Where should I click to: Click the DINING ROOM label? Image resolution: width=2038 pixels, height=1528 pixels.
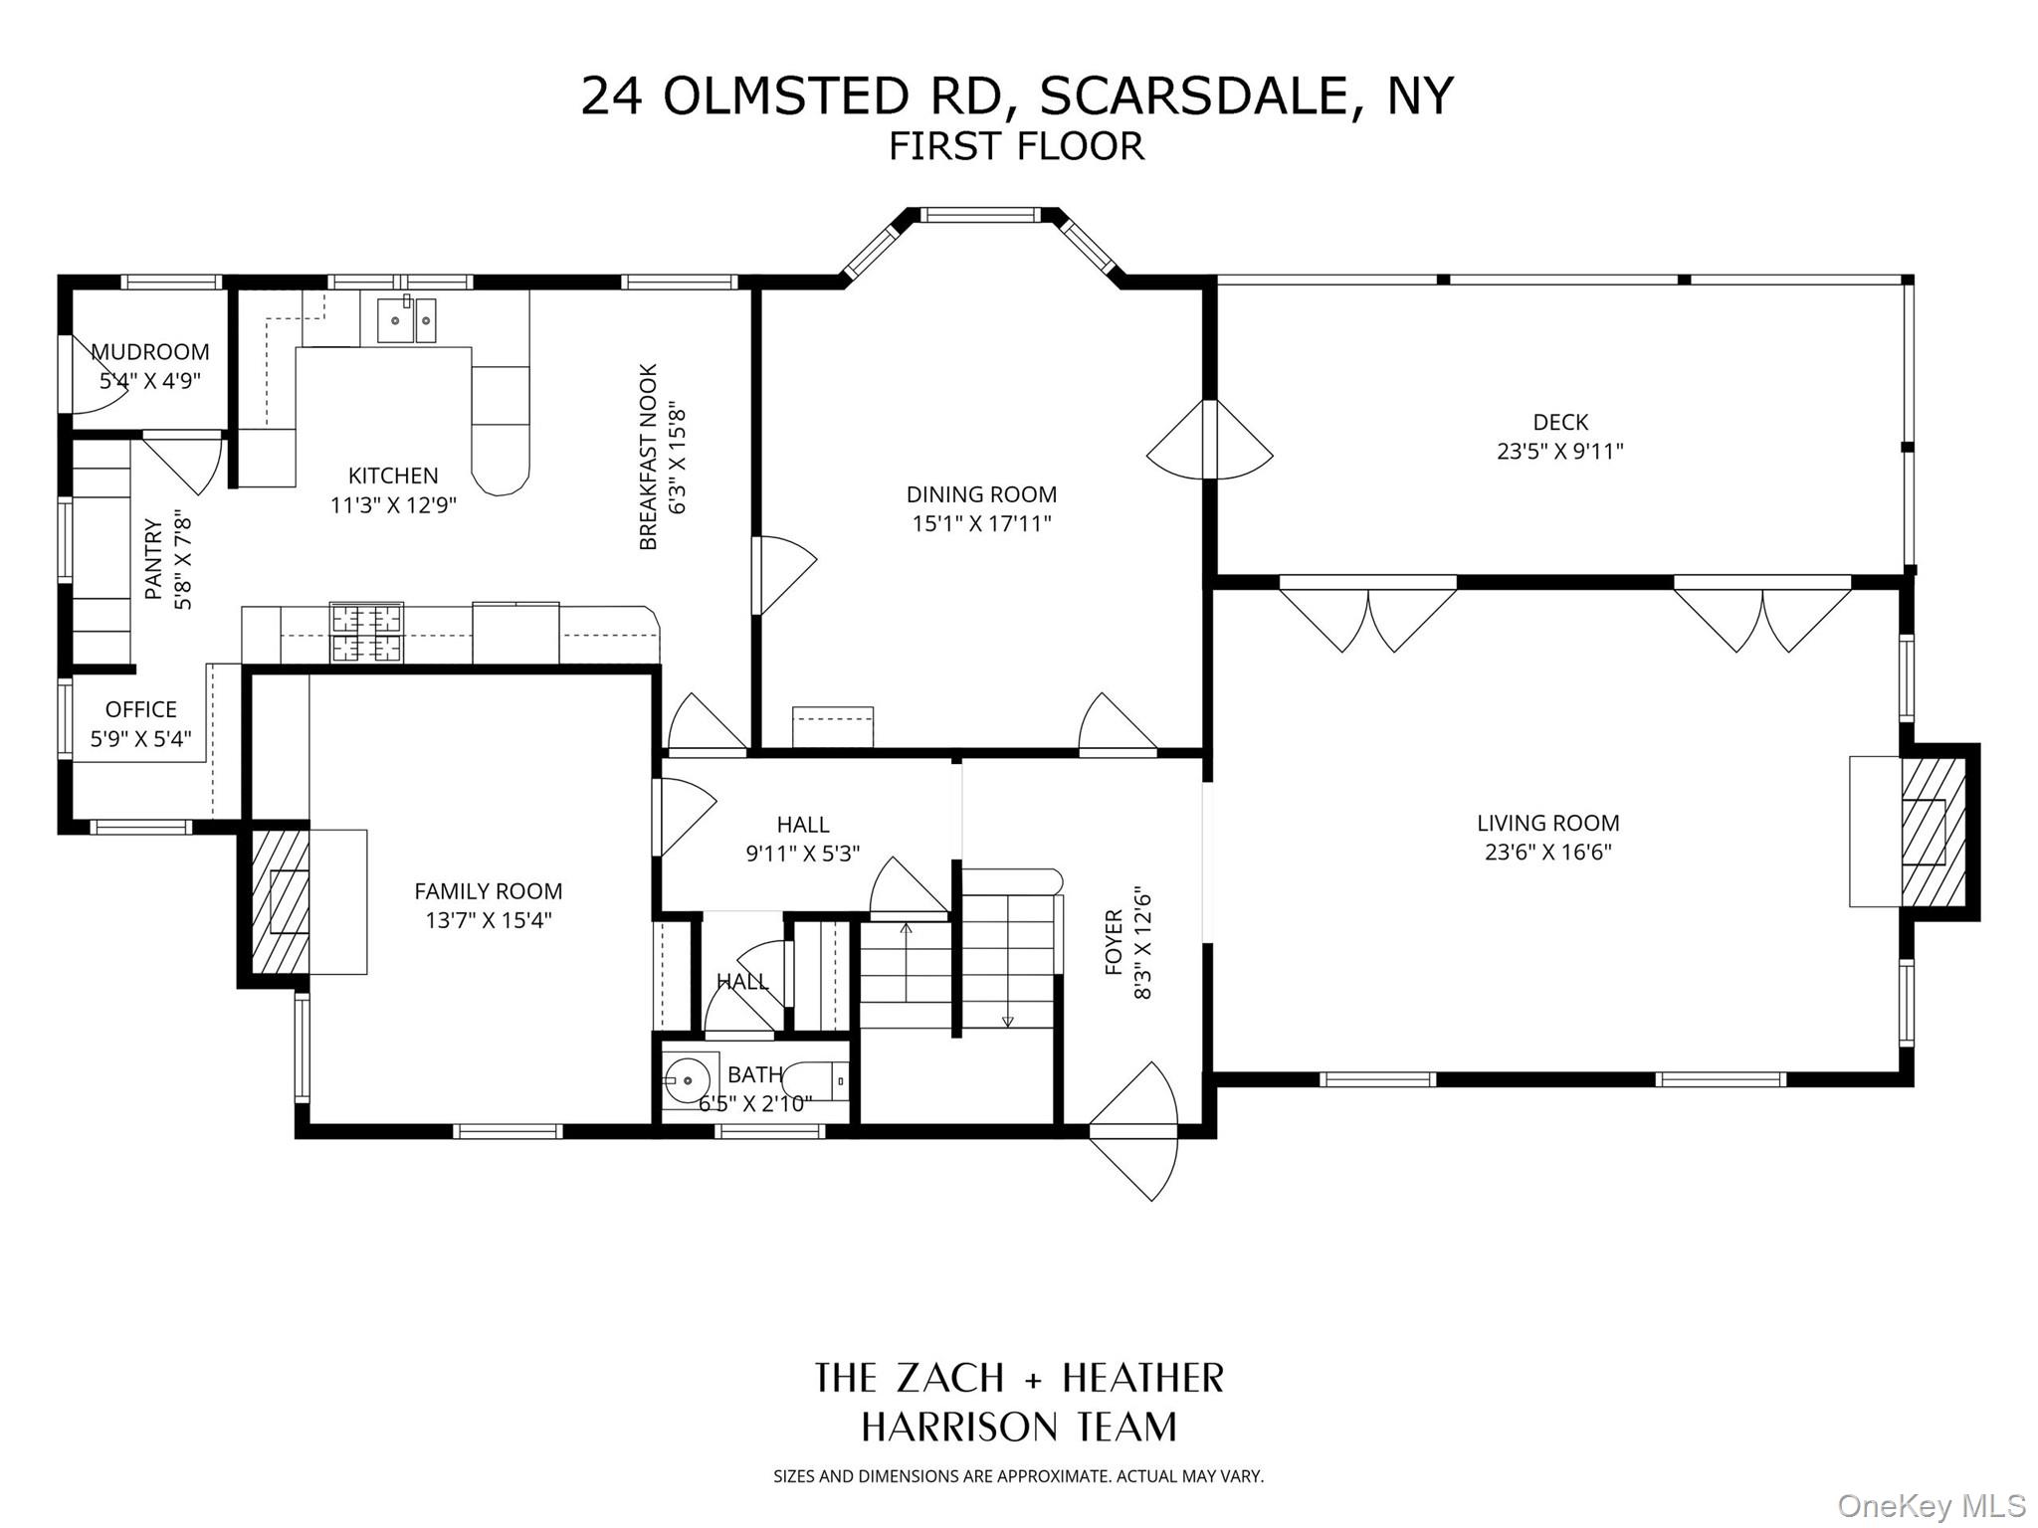[x=981, y=494]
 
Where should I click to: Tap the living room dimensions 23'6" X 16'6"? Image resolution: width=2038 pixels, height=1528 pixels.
[x=1547, y=852]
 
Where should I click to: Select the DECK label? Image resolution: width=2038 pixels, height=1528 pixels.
[x=1559, y=422]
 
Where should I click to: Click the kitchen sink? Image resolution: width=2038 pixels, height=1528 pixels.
[x=406, y=319]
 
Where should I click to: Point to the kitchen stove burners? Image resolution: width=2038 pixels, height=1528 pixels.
[x=367, y=633]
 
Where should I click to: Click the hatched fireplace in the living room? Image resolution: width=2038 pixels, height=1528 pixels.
[x=1934, y=832]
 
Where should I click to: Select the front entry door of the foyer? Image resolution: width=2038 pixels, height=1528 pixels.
[x=1134, y=1132]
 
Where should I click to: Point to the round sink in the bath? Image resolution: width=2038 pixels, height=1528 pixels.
[x=689, y=1077]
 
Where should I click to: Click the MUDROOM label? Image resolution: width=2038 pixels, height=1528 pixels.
[x=150, y=352]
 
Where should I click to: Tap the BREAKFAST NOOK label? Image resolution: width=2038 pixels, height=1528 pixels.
[x=649, y=457]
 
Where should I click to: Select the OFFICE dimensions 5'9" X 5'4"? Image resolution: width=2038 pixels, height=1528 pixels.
[x=140, y=738]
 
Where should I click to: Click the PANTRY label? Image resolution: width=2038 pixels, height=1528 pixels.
[x=153, y=559]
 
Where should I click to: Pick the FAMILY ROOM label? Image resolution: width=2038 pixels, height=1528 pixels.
[x=488, y=891]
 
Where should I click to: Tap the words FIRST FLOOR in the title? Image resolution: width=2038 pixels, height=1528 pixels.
[x=1016, y=146]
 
